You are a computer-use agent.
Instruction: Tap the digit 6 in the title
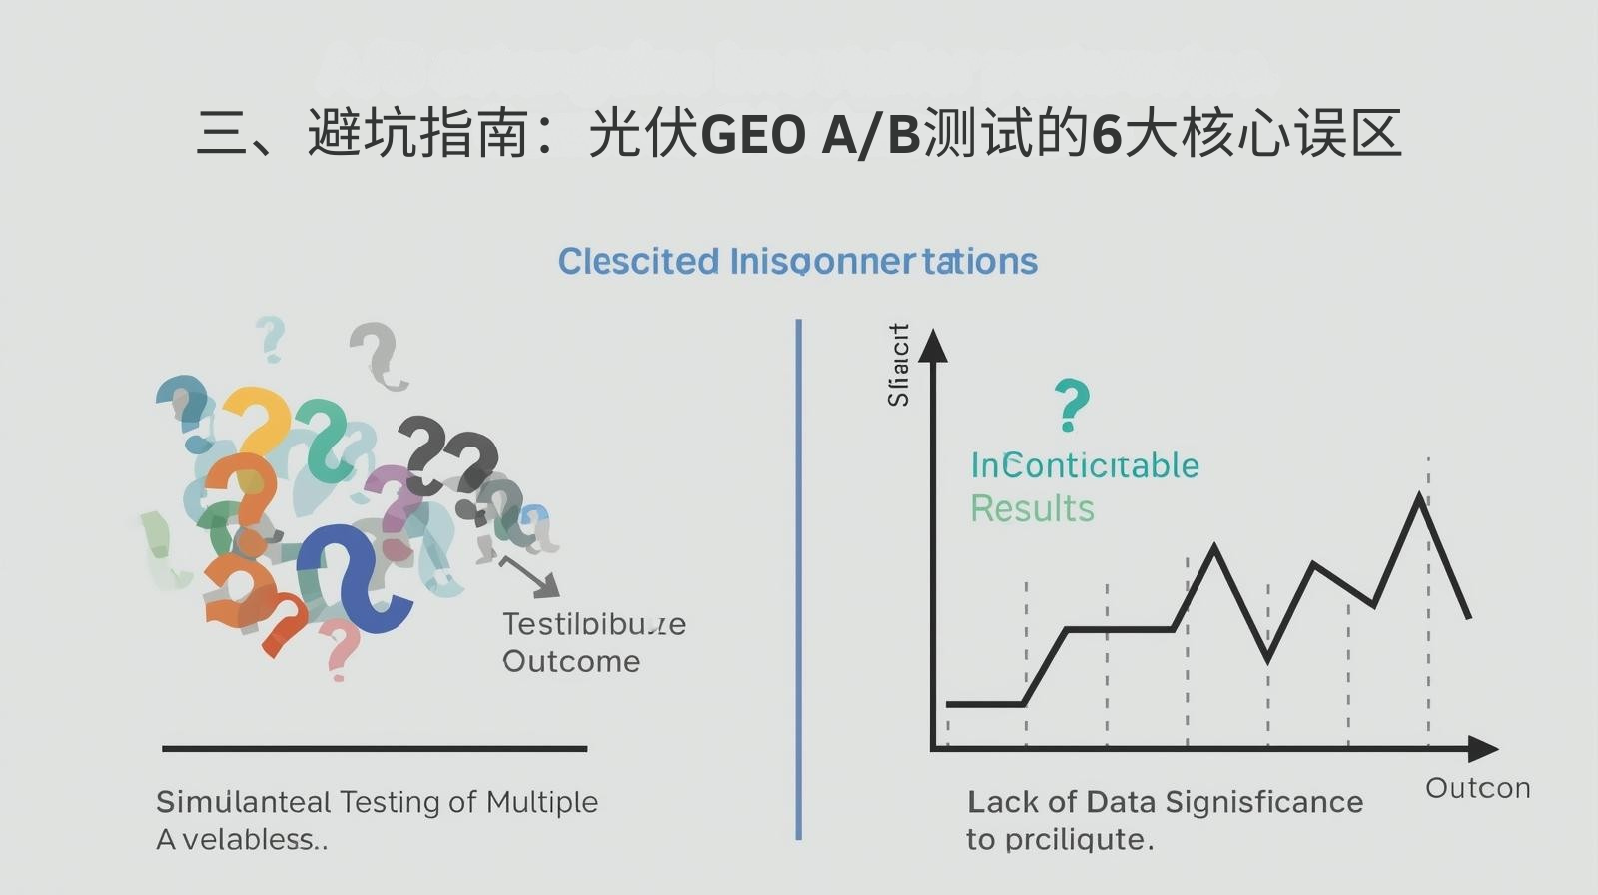(x=1106, y=135)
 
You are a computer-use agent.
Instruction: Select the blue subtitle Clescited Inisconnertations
(x=797, y=262)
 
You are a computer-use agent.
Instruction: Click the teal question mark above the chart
(x=1072, y=404)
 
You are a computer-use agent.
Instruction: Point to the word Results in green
(x=1032, y=509)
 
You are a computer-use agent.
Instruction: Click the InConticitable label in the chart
(x=1085, y=465)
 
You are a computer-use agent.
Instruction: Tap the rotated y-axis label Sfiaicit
(x=899, y=365)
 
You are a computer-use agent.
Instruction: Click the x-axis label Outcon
(x=1477, y=788)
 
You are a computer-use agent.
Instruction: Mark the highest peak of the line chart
(x=1420, y=496)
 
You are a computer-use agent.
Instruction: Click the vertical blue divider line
(x=799, y=579)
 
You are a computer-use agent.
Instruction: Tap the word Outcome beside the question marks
(x=571, y=661)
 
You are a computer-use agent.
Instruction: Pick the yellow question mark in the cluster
(x=258, y=420)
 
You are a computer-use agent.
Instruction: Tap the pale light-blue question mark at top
(x=271, y=338)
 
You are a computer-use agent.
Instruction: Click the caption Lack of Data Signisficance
(x=1165, y=802)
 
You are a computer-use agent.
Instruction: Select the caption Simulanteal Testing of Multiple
(x=377, y=802)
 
